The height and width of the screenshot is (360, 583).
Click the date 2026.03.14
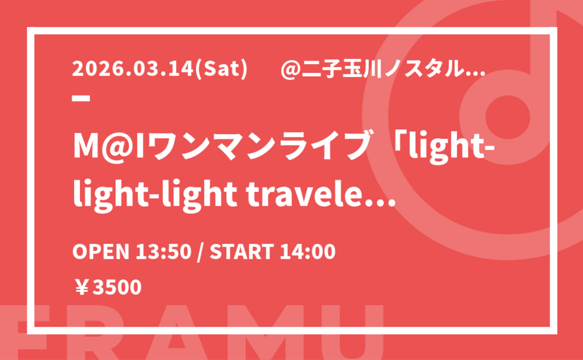(133, 69)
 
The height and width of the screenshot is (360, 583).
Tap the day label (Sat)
(221, 69)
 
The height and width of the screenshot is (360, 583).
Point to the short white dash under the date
(81, 98)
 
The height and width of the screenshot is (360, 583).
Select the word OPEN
(100, 252)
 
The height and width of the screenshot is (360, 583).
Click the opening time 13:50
(163, 252)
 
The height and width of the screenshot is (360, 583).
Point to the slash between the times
(201, 252)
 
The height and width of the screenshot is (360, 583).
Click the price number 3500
(117, 287)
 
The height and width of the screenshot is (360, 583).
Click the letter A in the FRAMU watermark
(176, 333)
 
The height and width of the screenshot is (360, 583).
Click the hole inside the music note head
(508, 115)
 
